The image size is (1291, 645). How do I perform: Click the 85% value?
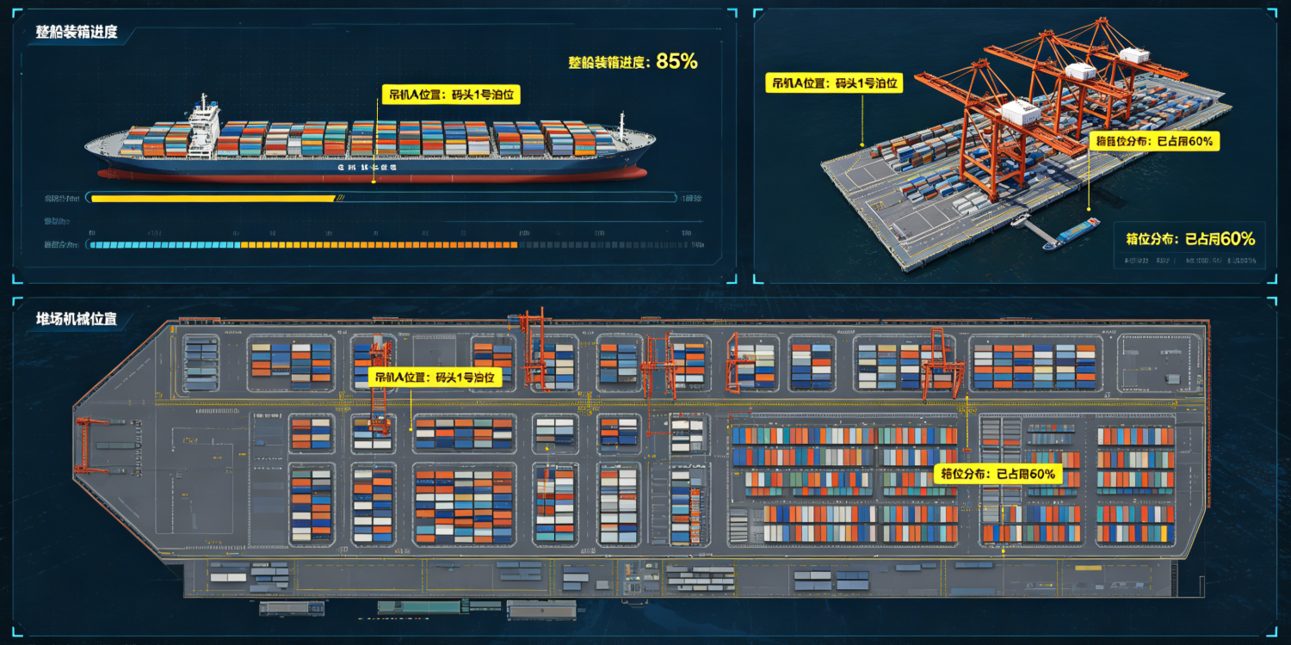click(x=676, y=61)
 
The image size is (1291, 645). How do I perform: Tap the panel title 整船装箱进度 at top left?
click(x=77, y=34)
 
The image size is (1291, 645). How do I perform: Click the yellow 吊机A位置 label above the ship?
click(x=451, y=95)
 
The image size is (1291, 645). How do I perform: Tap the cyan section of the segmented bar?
click(x=164, y=245)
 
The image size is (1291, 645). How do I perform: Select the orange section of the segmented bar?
click(x=379, y=245)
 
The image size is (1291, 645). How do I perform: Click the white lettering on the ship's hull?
click(x=367, y=169)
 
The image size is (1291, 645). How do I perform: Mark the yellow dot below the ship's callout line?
click(x=374, y=181)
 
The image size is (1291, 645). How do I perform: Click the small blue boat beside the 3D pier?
click(x=1072, y=233)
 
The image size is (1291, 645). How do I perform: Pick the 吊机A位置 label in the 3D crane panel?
click(x=834, y=83)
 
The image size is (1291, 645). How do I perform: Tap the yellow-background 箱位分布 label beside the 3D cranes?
click(x=1154, y=142)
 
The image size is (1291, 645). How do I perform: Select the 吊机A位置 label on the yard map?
click(x=435, y=378)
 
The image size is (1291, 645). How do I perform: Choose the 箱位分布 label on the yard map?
click(x=997, y=474)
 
